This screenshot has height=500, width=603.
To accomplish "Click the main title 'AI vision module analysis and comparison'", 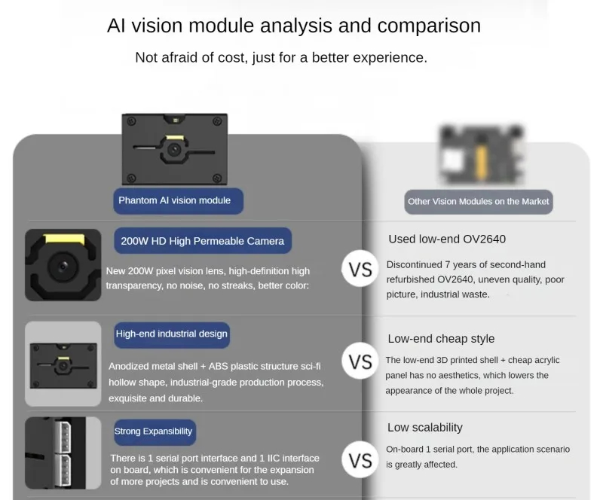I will pos(294,26).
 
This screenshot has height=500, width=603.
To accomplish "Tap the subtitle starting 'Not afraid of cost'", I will pos(281,57).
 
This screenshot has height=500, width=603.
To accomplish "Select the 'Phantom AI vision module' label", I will pos(174,200).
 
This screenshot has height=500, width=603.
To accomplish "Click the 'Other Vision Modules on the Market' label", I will pos(479,202).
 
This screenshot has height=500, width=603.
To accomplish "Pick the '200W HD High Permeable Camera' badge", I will pos(203,241).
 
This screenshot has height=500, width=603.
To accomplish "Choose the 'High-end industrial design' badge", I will pos(171,334).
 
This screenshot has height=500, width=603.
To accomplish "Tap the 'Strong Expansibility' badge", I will pos(153,431).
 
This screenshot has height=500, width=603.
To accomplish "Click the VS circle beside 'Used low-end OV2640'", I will pos(361,270).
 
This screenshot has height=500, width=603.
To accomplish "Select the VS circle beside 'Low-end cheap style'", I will pos(361,362).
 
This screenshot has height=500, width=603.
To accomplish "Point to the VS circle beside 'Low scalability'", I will pos(361,459).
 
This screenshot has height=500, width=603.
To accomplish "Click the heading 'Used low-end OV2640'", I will pos(447,239).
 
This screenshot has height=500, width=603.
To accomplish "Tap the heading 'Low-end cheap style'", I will pos(441,339).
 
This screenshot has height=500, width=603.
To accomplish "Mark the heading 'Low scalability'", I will pos(425,428).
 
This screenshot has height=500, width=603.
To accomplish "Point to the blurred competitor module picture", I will pos(478,155).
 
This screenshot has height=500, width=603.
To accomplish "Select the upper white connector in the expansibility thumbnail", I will pos(63,435).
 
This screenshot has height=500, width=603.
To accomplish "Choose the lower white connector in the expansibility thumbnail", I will pos(63,468).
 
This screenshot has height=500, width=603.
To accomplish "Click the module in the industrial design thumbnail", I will pos(63,364).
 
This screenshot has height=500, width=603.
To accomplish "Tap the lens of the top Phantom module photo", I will pos(174,150).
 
